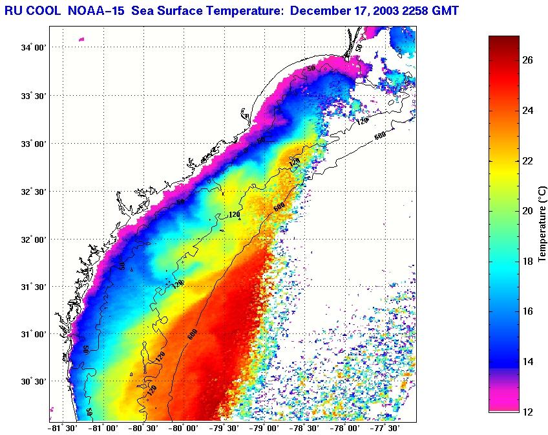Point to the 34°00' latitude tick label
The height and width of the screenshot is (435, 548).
[x=33, y=47]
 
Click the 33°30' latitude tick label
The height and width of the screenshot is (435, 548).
[x=33, y=96]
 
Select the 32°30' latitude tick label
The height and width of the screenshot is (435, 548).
[x=33, y=192]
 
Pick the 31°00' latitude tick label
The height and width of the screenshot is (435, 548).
[x=33, y=334]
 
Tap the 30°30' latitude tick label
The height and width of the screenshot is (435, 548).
[x=33, y=381]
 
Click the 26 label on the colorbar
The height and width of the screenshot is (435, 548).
[x=527, y=60]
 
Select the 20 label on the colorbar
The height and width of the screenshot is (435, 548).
[x=527, y=211]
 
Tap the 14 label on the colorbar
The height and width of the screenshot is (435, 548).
[x=527, y=361]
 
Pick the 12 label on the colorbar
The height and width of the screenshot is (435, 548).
[x=527, y=411]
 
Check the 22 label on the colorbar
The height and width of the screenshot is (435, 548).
[x=527, y=161]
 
